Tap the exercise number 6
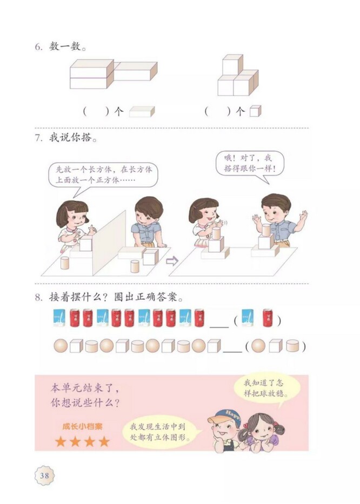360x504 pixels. [x=38, y=47]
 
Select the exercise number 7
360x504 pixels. [x=38, y=137]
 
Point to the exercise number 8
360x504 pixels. [x=38, y=297]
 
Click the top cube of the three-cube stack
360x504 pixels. [x=232, y=64]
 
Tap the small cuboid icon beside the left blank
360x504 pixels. [x=142, y=111]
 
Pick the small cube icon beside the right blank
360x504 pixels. [x=255, y=111]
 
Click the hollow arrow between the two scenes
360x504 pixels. [x=172, y=261]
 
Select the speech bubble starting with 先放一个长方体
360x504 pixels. [x=103, y=175]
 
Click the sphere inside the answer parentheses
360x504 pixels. [x=258, y=346]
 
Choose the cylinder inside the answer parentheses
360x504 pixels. [x=292, y=346]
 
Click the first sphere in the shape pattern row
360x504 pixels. [x=61, y=346]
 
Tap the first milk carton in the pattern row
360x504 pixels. [x=60, y=318]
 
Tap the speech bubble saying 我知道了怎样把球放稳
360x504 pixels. [x=267, y=387]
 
